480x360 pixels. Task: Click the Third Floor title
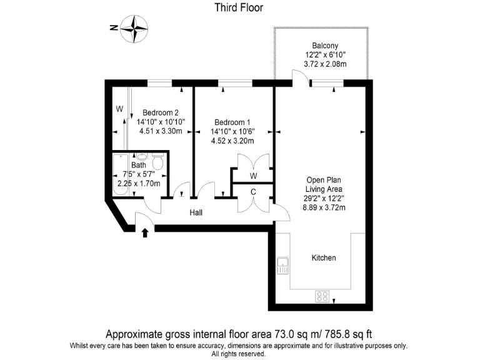pos(239,8)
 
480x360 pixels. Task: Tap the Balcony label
pos(325,46)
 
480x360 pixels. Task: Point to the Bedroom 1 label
pos(234,122)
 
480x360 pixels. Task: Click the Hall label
pos(196,213)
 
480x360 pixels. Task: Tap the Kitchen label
pos(324,257)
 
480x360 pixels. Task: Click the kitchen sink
pos(282,265)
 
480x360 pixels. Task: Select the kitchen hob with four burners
pos(322,296)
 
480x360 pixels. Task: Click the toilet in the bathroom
pos(157,164)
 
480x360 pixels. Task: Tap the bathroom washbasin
pos(141,157)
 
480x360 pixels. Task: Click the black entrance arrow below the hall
pos(145,233)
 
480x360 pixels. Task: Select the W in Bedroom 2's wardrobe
pos(119,108)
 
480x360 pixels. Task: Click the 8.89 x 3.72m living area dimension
pos(325,207)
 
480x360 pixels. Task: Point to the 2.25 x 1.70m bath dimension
pos(139,184)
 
